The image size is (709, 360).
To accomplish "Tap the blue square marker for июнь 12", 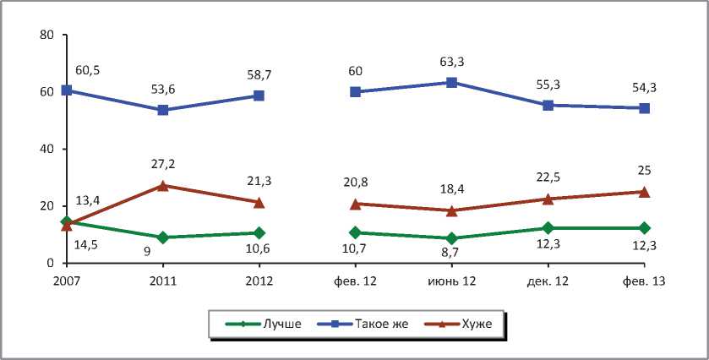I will pos(451,82).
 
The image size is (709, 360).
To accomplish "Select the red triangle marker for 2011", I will pos(162,185).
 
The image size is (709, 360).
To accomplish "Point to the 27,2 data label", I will pos(162,164).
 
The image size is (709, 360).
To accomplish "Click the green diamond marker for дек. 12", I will pos(548,228).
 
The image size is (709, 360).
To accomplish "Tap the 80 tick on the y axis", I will pos(46,35).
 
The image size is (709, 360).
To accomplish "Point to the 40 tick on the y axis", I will pos(46,150).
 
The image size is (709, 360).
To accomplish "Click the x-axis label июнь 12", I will pos(451,281).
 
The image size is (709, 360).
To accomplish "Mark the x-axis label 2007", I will pos(66,281).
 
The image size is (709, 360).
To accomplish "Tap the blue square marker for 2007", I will pos(66,90).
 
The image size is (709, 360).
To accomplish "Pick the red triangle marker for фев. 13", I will pos(644,192).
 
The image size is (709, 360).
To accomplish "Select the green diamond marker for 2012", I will pos(259,232).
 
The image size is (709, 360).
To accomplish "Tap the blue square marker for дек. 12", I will pos(548,105).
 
